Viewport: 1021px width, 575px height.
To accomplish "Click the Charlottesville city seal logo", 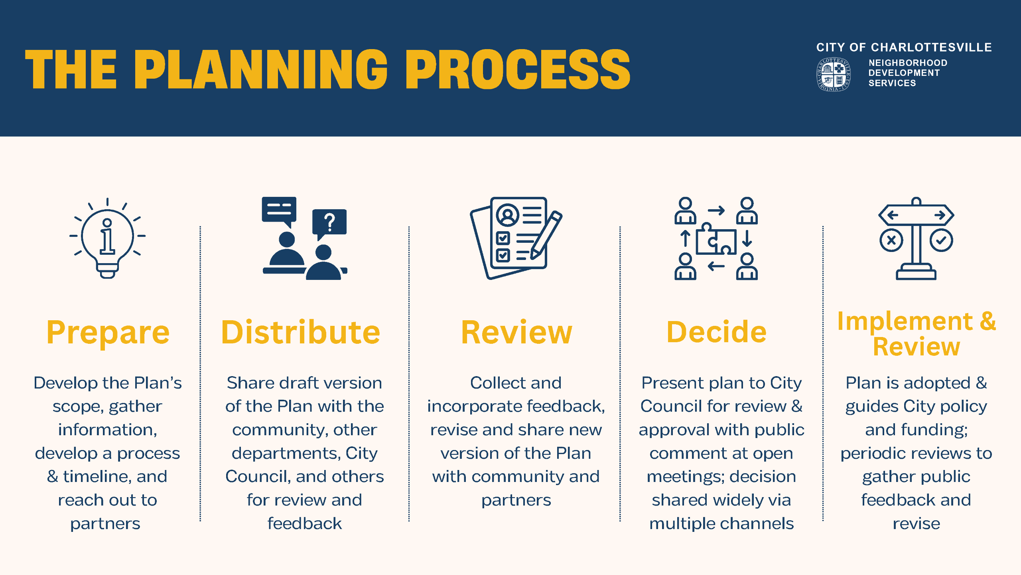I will [x=833, y=74].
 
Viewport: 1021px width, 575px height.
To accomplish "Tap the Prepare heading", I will [x=108, y=332].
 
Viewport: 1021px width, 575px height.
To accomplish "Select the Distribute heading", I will [x=300, y=332].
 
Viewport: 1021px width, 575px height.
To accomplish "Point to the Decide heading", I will [x=716, y=332].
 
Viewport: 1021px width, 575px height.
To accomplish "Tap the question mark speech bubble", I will [x=329, y=222].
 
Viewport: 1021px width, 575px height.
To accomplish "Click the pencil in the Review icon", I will [x=546, y=236].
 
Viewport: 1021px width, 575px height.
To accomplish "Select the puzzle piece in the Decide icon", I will [x=716, y=241].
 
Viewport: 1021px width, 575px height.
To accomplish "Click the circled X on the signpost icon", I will [x=891, y=240].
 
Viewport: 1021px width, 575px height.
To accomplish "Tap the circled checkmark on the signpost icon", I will [x=941, y=240].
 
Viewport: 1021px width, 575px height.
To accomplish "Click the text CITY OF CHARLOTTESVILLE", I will [x=904, y=48].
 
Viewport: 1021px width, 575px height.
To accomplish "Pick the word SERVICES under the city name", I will [x=892, y=83].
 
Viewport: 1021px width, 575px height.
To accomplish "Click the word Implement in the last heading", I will [x=905, y=321].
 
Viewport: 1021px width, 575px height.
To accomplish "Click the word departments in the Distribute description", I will [x=285, y=453].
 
